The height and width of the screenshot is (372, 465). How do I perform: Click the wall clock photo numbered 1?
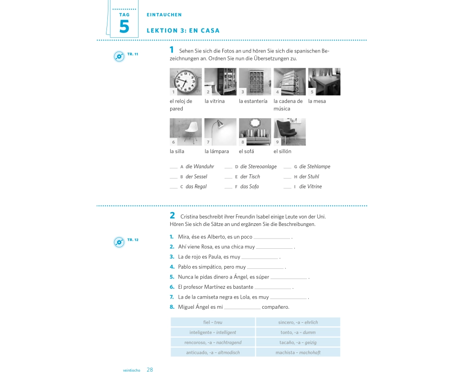186,81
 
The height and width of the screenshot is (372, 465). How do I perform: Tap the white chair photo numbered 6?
186,132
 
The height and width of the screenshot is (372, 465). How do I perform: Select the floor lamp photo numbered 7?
220,132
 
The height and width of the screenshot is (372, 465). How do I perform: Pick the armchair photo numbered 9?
289,132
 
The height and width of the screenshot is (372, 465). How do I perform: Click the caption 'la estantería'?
253,101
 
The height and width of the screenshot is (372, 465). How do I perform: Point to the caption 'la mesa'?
317,101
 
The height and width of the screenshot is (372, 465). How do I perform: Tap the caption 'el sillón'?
282,151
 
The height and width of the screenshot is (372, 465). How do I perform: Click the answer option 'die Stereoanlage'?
258,166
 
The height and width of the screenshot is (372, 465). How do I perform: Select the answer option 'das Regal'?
196,186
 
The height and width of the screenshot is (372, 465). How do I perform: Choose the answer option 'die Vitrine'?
311,186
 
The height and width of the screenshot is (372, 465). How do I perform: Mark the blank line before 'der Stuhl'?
287,178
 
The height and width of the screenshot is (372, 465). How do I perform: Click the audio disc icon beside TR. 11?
119,56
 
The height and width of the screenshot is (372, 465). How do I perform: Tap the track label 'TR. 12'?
133,239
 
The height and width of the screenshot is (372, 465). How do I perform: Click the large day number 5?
124,27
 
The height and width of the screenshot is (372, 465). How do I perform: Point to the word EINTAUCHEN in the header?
164,15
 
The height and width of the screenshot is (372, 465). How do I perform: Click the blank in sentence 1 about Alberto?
272,238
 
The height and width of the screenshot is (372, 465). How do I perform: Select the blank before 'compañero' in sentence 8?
242,308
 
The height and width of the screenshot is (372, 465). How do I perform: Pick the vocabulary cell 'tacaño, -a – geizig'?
298,342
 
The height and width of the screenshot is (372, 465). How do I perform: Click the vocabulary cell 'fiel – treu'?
213,322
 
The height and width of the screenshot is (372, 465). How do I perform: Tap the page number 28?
150,369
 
